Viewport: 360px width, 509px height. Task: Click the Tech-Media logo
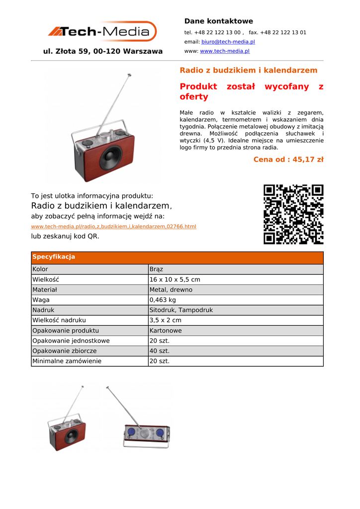pos(101,32)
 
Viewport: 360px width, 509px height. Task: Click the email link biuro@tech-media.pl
pos(228,42)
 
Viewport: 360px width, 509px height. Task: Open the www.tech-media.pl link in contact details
pos(224,51)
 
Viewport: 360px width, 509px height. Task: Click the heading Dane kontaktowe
pos(218,21)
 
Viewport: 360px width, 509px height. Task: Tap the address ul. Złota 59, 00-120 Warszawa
pos(103,51)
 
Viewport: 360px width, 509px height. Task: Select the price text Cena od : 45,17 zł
pos(288,160)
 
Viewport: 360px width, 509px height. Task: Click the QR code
pos(293,214)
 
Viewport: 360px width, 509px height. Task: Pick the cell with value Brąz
pos(156,269)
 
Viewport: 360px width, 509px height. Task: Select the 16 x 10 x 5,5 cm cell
pos(175,280)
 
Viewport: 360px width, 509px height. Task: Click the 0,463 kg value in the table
pos(163,300)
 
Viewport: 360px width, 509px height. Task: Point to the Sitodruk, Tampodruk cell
pos(181,310)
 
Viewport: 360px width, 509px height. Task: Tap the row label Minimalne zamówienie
pos(67,361)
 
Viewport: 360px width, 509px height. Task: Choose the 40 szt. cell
pos(160,351)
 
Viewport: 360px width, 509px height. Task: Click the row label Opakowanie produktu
pos(66,331)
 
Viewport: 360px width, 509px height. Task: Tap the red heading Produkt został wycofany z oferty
pos(251,91)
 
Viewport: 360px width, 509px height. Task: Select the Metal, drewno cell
pos(171,290)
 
